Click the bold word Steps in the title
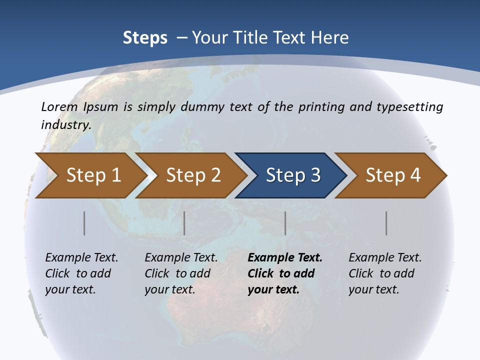145,38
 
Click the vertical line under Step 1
84,223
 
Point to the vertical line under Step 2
184,223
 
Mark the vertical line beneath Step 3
285,223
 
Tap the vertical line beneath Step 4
386,223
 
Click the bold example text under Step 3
284,273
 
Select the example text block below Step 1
81,273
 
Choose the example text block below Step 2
181,273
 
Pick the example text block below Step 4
385,273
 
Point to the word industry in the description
66,124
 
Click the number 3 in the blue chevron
314,175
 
